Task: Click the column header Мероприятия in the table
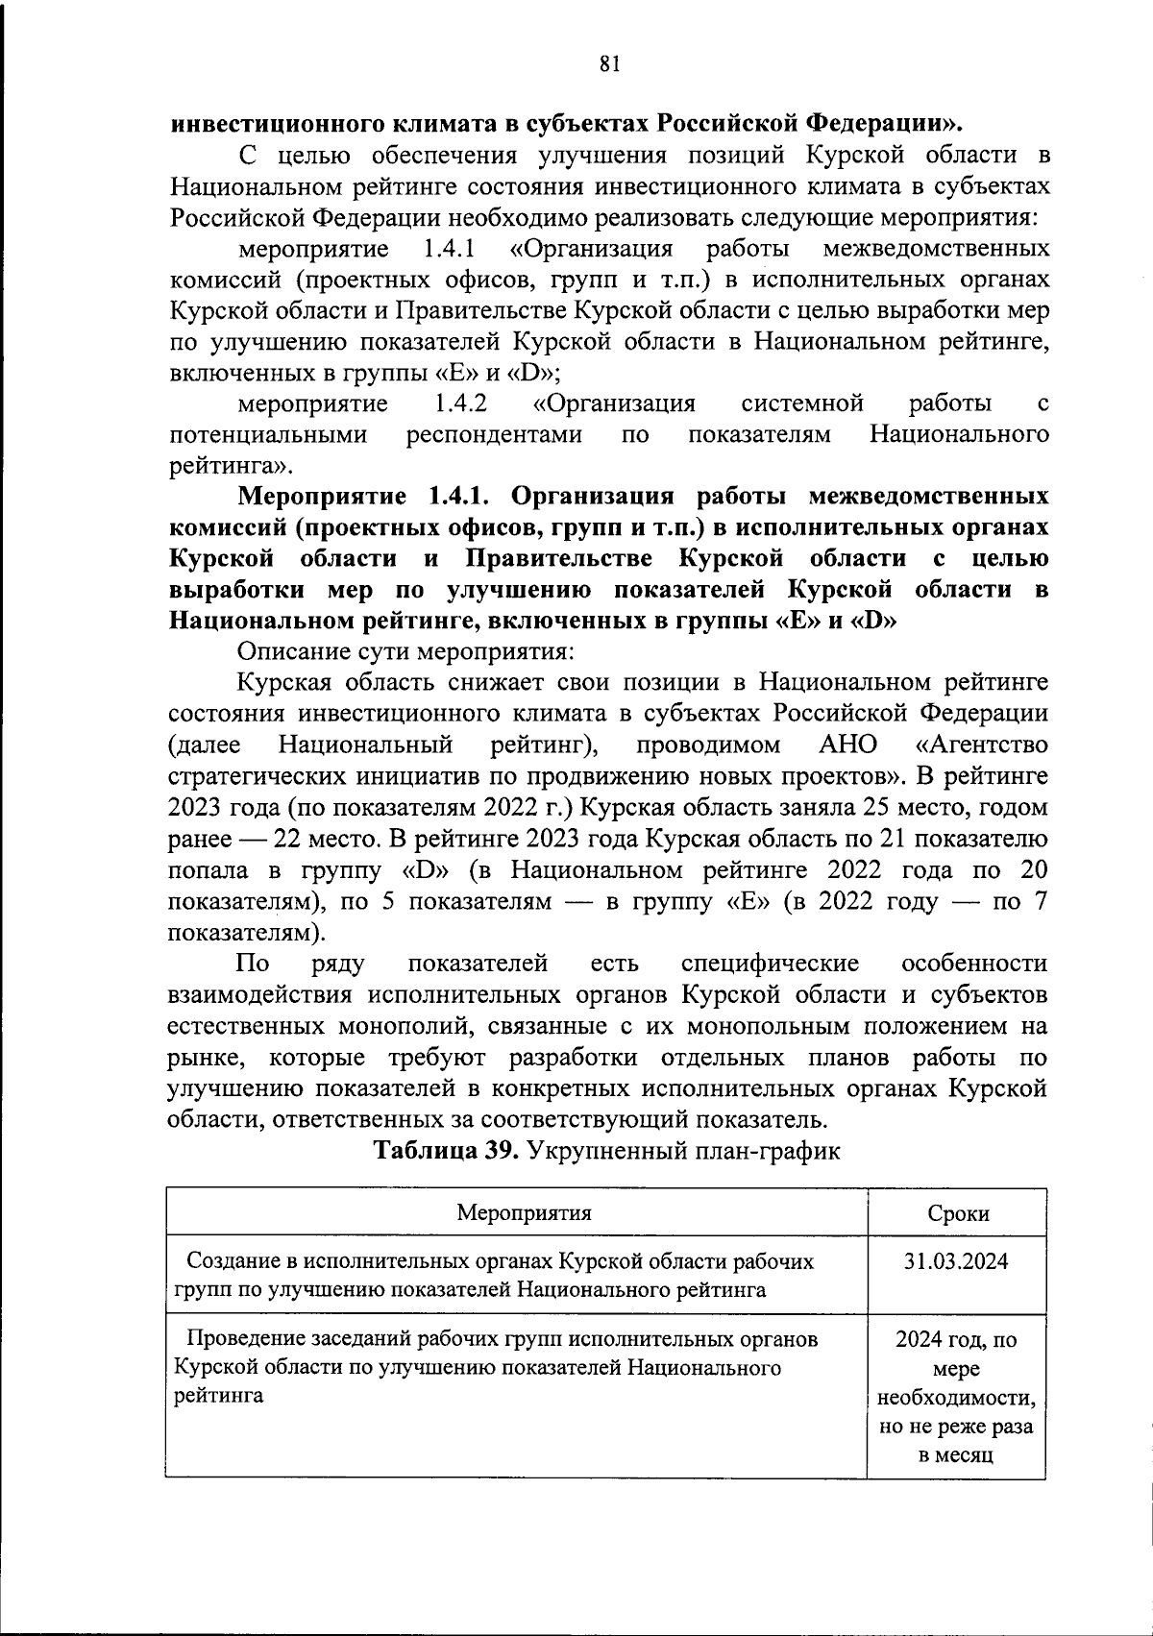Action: pyautogui.click(x=524, y=1211)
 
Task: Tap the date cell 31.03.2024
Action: pyautogui.click(x=956, y=1261)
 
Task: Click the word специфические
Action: pyautogui.click(x=769, y=964)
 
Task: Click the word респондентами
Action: pyautogui.click(x=494, y=434)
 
